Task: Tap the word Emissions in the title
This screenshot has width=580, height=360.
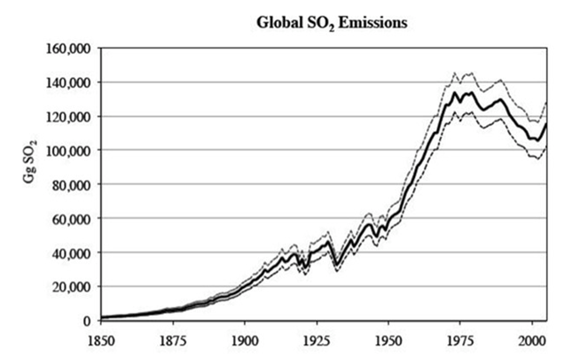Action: (369, 24)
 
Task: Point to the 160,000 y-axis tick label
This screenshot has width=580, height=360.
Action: (69, 48)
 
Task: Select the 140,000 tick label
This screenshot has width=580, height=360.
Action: (69, 82)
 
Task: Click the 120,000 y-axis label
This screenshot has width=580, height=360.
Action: (69, 116)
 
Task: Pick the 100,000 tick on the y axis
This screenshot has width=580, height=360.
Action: (69, 151)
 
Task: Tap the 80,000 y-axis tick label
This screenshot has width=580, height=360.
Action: (72, 184)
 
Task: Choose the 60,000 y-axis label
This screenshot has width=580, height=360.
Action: (72, 218)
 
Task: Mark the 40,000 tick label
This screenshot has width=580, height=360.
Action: (72, 253)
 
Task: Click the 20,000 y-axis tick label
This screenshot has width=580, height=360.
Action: (72, 286)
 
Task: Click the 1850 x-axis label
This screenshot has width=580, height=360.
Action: (101, 340)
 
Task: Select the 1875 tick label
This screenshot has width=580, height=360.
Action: (173, 340)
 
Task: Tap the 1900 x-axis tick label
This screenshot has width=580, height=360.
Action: (245, 340)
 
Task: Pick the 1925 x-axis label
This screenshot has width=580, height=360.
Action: (317, 340)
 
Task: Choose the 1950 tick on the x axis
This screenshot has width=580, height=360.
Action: (388, 340)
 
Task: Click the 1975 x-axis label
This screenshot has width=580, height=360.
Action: (460, 340)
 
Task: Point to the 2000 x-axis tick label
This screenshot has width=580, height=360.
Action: (532, 340)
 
